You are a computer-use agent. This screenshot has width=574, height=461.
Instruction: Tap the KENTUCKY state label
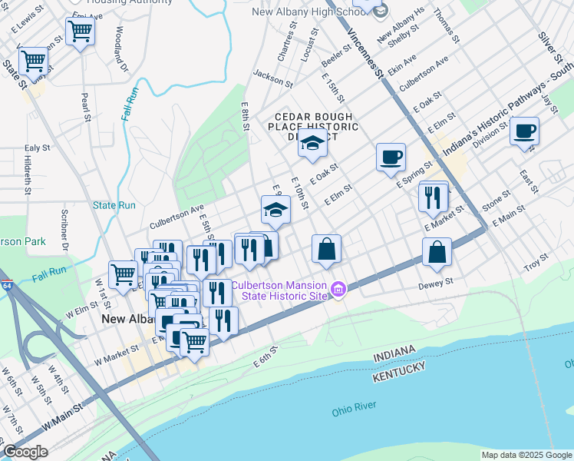coord(399,370)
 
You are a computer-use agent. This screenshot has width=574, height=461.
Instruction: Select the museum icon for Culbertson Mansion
coord(339,289)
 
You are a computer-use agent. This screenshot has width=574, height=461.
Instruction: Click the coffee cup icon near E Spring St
coord(391,157)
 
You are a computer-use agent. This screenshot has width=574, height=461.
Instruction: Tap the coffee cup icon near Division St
coord(524,131)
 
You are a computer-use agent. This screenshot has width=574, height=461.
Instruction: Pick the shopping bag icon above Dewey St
coord(437,250)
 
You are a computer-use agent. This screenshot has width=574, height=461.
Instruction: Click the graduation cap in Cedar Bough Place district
coord(312,143)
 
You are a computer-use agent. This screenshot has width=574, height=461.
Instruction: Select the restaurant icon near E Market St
coord(434,197)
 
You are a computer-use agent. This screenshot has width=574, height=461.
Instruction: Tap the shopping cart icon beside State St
coord(33,59)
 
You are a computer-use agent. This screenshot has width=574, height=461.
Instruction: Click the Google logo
coord(25,451)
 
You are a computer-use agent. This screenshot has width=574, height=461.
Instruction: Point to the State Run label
coord(114,205)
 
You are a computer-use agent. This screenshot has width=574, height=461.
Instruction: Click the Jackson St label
coord(273,78)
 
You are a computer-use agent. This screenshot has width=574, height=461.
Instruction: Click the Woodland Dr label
coord(119,46)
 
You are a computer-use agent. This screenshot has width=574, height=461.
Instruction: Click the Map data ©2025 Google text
coord(526,455)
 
